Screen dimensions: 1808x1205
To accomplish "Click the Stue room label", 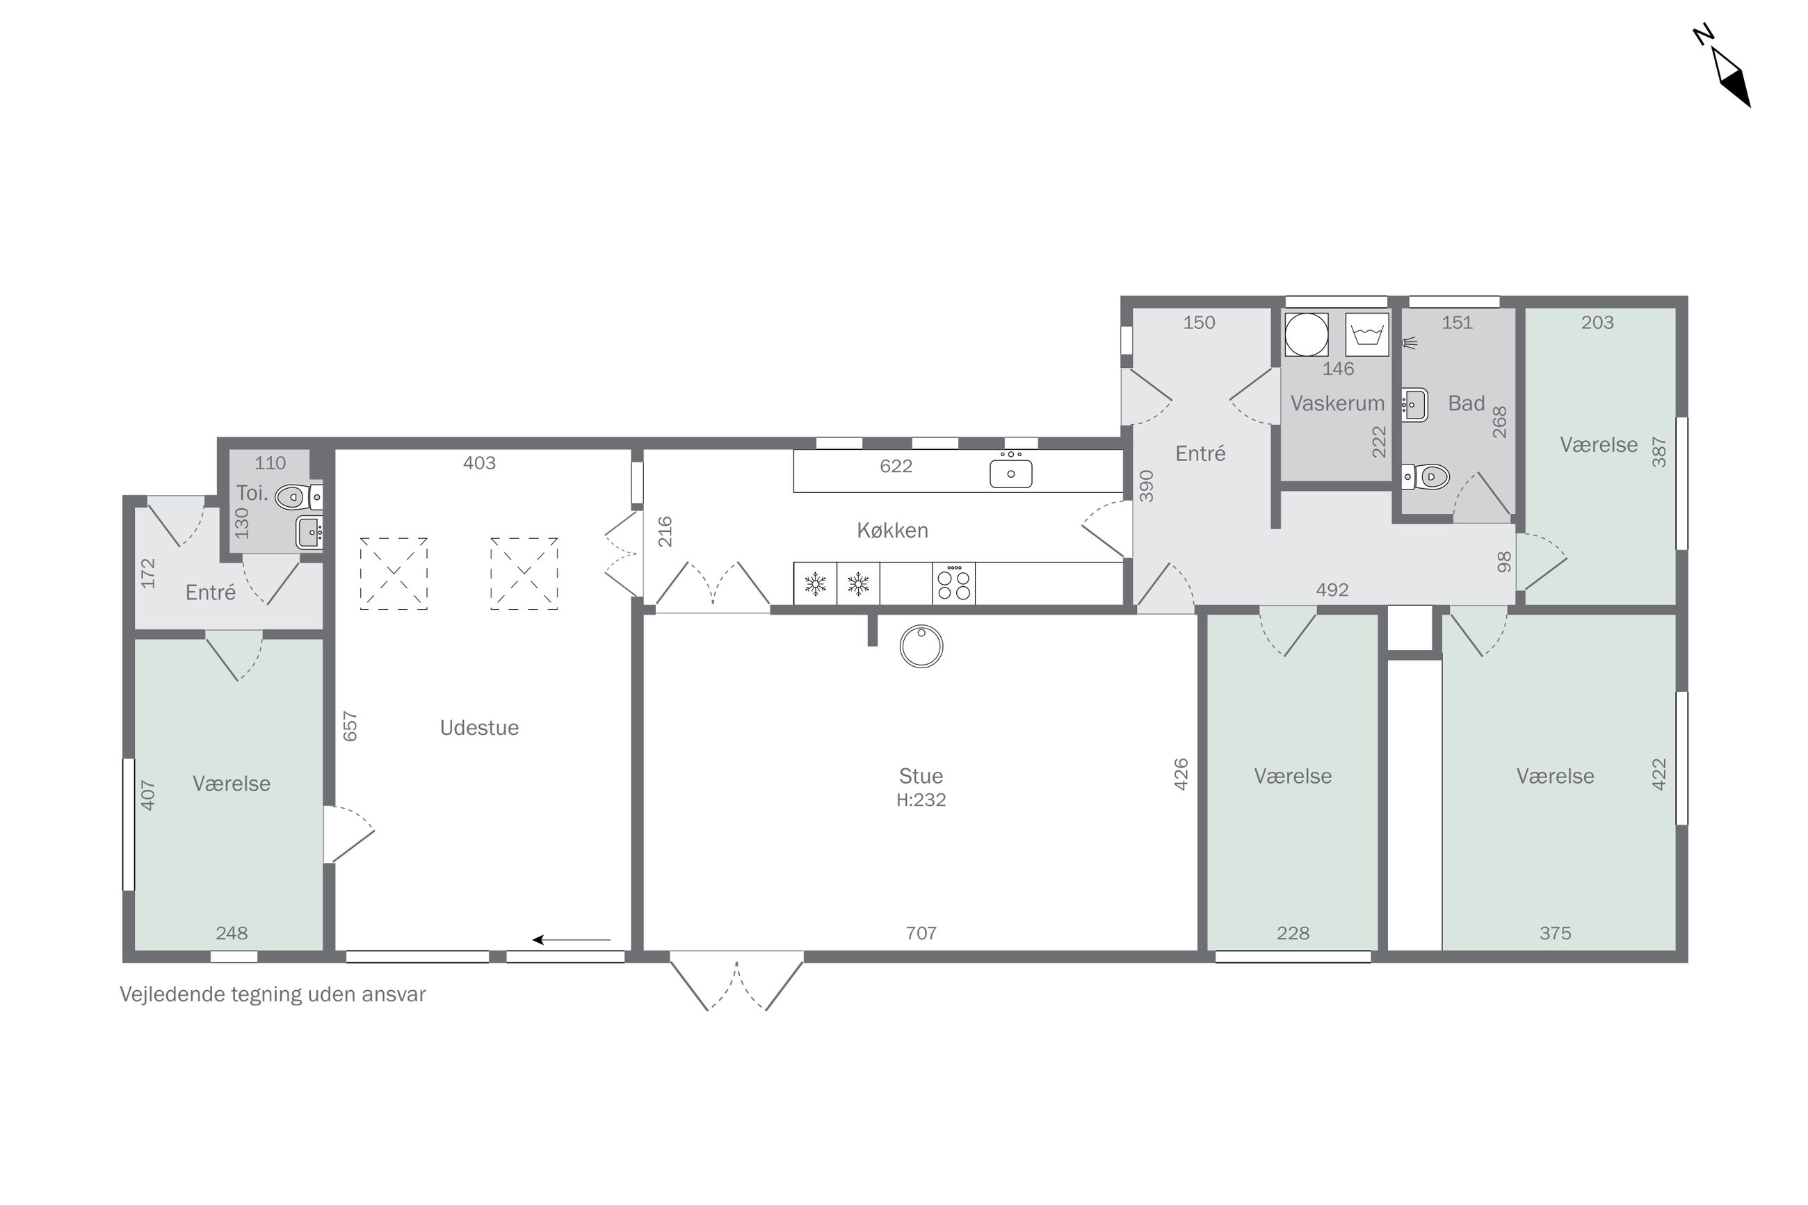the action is (920, 775).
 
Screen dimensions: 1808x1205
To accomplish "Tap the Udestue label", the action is (478, 728).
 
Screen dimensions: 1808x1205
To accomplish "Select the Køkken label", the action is (892, 531).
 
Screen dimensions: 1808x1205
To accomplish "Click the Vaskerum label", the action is (1337, 403).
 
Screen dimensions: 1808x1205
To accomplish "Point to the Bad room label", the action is (1466, 403).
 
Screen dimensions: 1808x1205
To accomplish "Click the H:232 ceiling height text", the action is (921, 800).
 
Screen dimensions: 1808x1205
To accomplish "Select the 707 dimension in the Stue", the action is (921, 933).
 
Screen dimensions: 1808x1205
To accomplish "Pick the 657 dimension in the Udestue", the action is (350, 726).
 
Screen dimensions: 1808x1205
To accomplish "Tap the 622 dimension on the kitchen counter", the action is (896, 466).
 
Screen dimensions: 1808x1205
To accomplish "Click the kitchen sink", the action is (1010, 470).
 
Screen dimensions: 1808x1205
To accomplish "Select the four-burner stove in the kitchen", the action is (953, 583).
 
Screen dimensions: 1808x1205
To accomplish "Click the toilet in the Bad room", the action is (1426, 477).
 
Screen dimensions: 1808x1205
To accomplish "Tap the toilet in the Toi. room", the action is (298, 497).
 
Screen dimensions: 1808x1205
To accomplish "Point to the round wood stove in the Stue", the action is (921, 646).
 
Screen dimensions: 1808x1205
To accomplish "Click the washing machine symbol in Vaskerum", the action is (1367, 334).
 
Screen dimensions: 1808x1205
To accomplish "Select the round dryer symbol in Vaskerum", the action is (1306, 334).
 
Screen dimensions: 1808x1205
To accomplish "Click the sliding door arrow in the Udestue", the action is (572, 939).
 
